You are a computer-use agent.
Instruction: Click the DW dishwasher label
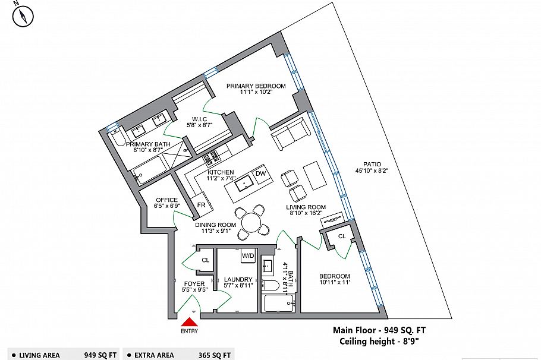[x=260, y=173]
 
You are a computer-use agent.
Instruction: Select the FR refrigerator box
[x=202, y=204]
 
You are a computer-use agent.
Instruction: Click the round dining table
[x=251, y=223]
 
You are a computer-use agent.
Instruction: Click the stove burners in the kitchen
[x=211, y=159]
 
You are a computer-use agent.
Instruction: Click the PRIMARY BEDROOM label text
[x=256, y=86]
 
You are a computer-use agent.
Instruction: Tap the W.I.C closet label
[x=199, y=118]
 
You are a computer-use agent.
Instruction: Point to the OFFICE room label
[x=166, y=200]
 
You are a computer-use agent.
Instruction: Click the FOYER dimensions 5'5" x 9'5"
[x=194, y=291]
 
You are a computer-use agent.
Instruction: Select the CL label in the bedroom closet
[x=341, y=236]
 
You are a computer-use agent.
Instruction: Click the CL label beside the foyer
[x=205, y=260]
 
